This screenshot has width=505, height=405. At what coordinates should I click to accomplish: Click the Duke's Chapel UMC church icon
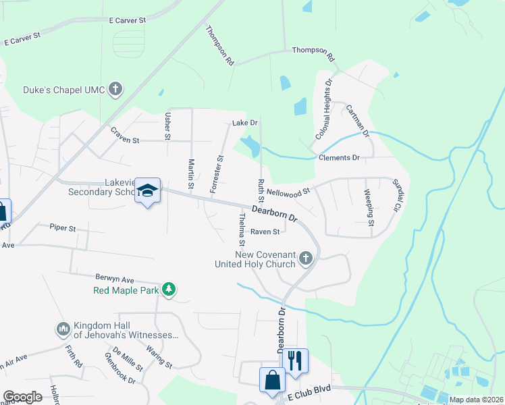116,89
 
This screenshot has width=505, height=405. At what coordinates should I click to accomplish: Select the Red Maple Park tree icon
168,290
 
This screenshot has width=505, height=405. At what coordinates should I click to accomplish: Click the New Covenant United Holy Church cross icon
306,259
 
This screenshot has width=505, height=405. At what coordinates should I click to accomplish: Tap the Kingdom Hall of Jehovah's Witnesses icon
64,329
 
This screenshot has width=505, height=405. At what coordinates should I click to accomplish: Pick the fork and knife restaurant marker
294,361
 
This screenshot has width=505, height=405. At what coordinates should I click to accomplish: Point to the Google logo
23,397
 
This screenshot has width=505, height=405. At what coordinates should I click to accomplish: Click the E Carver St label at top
128,21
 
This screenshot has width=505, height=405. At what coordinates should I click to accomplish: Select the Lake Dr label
245,123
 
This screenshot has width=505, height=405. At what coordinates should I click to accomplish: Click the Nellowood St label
288,192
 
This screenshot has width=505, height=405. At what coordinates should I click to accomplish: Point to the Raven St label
265,232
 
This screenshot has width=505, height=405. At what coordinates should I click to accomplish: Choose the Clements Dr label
339,157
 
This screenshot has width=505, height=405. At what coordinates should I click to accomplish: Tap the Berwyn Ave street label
115,279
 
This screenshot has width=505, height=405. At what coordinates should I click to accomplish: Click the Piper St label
62,228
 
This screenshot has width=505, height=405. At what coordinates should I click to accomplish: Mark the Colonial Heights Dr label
323,110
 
